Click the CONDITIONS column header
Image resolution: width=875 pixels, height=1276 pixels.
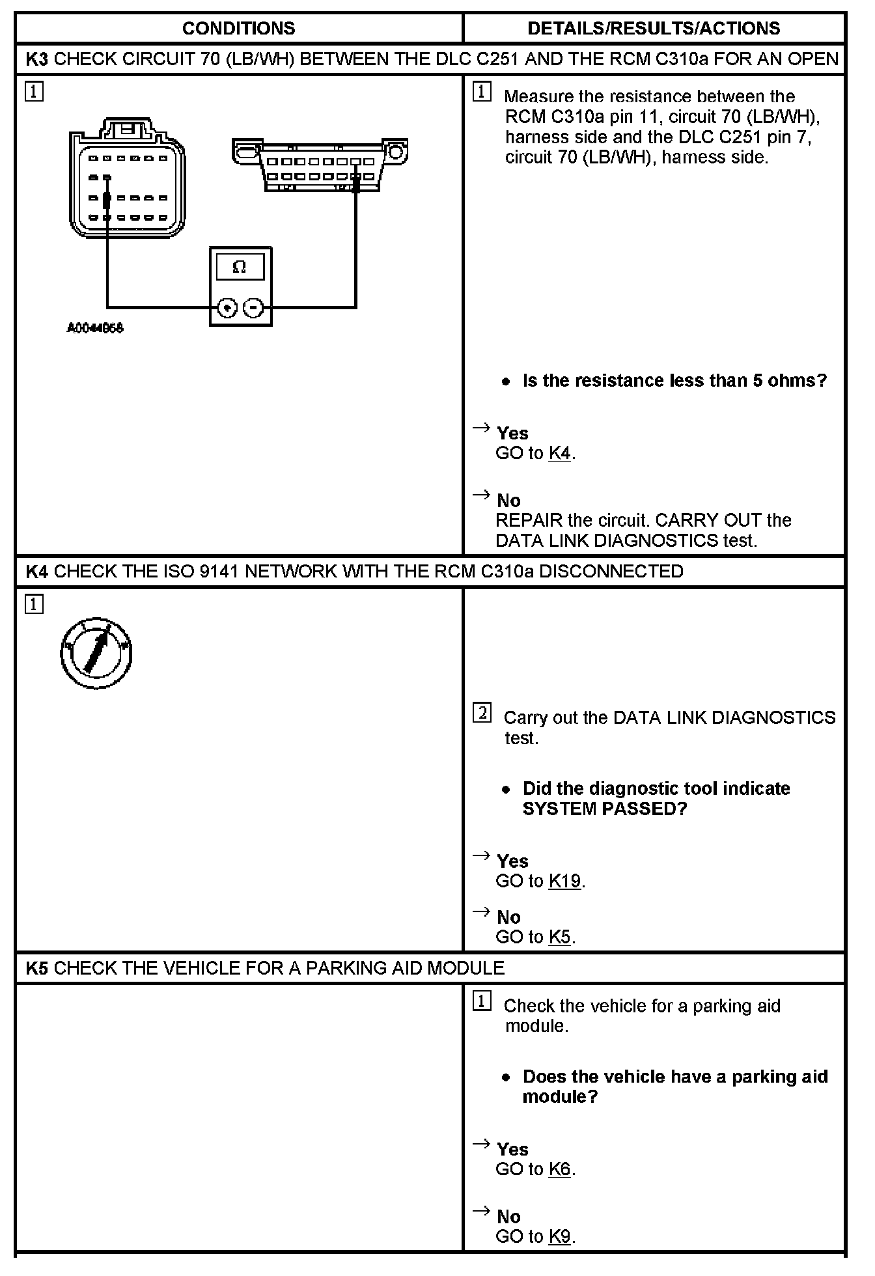pos(238,29)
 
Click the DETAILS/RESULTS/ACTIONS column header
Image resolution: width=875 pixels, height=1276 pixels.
pos(654,29)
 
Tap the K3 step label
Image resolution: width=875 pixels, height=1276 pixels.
pos(37,59)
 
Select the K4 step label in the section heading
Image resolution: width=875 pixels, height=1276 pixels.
pos(37,572)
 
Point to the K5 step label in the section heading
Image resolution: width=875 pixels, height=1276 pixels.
pos(37,968)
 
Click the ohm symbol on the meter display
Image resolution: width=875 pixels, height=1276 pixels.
pos(240,267)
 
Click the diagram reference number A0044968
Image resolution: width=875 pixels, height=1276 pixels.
pos(95,328)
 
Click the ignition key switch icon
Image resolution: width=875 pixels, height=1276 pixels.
pos(96,652)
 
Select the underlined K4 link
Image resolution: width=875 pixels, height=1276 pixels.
pos(560,453)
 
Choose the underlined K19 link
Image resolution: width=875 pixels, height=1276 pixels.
pos(564,881)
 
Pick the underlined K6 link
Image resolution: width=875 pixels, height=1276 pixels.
pos(560,1169)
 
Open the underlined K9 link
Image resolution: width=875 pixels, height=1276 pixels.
pos(560,1236)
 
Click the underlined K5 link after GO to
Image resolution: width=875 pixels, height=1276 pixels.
pos(560,937)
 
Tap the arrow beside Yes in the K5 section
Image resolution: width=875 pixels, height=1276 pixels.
pos(481,1143)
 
